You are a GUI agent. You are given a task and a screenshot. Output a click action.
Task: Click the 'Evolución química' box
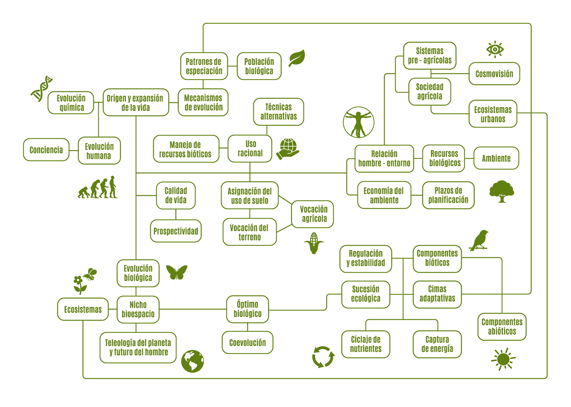71,103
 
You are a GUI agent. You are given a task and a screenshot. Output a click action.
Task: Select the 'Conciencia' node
46,150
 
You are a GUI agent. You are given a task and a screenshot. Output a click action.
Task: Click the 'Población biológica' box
259,66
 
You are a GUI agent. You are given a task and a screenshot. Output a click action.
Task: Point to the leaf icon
297,58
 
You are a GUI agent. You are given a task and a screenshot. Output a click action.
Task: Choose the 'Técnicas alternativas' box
279,112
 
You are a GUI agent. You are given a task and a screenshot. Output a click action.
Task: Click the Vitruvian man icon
359,122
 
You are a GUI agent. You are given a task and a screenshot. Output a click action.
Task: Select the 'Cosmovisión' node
494,74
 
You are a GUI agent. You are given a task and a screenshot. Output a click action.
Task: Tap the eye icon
495,49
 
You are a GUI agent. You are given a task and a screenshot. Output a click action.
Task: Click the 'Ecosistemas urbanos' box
493,114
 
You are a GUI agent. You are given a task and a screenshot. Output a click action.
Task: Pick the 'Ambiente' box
496,158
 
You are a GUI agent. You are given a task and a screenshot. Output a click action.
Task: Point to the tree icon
501,191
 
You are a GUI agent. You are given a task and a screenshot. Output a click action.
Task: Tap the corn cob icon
314,243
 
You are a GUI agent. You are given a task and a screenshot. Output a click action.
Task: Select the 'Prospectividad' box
176,231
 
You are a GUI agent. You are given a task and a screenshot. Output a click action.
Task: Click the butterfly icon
176,272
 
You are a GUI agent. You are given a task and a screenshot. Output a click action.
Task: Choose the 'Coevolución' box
248,342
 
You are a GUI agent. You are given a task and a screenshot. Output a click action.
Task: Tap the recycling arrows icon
323,356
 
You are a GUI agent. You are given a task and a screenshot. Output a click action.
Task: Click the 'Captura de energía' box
437,344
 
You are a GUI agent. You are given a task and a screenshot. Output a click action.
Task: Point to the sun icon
503,359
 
